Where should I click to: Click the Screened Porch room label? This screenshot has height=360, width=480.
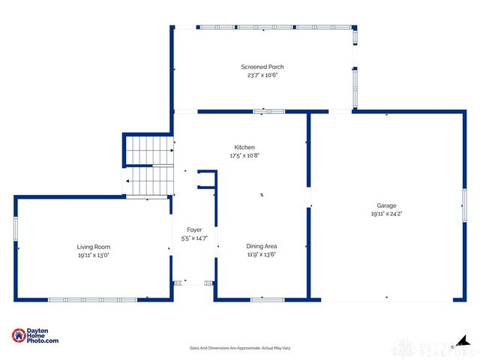click(x=262, y=67)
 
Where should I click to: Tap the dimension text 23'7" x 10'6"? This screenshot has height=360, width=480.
click(x=262, y=75)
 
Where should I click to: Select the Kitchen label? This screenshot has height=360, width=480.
click(x=244, y=147)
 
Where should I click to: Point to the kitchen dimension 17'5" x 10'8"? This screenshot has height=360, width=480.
click(x=244, y=155)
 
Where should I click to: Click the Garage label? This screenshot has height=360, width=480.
click(x=386, y=205)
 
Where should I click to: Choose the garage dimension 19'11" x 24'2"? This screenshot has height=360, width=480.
click(x=386, y=214)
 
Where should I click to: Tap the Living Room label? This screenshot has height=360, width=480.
click(x=94, y=247)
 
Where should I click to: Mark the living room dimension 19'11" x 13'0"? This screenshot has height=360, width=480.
click(x=94, y=255)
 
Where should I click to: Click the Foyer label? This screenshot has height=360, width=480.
click(x=194, y=230)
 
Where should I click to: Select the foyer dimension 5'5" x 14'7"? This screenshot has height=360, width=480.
click(x=194, y=238)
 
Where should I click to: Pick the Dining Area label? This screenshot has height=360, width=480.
click(x=262, y=246)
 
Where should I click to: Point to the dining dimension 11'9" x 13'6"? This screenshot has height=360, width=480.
click(x=262, y=254)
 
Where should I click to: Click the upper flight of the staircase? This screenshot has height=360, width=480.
click(x=148, y=150)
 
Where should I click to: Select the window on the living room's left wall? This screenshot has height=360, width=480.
click(x=15, y=228)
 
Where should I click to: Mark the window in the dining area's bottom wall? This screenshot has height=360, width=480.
click(x=267, y=300)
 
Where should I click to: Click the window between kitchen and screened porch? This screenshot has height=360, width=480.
click(x=268, y=112)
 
